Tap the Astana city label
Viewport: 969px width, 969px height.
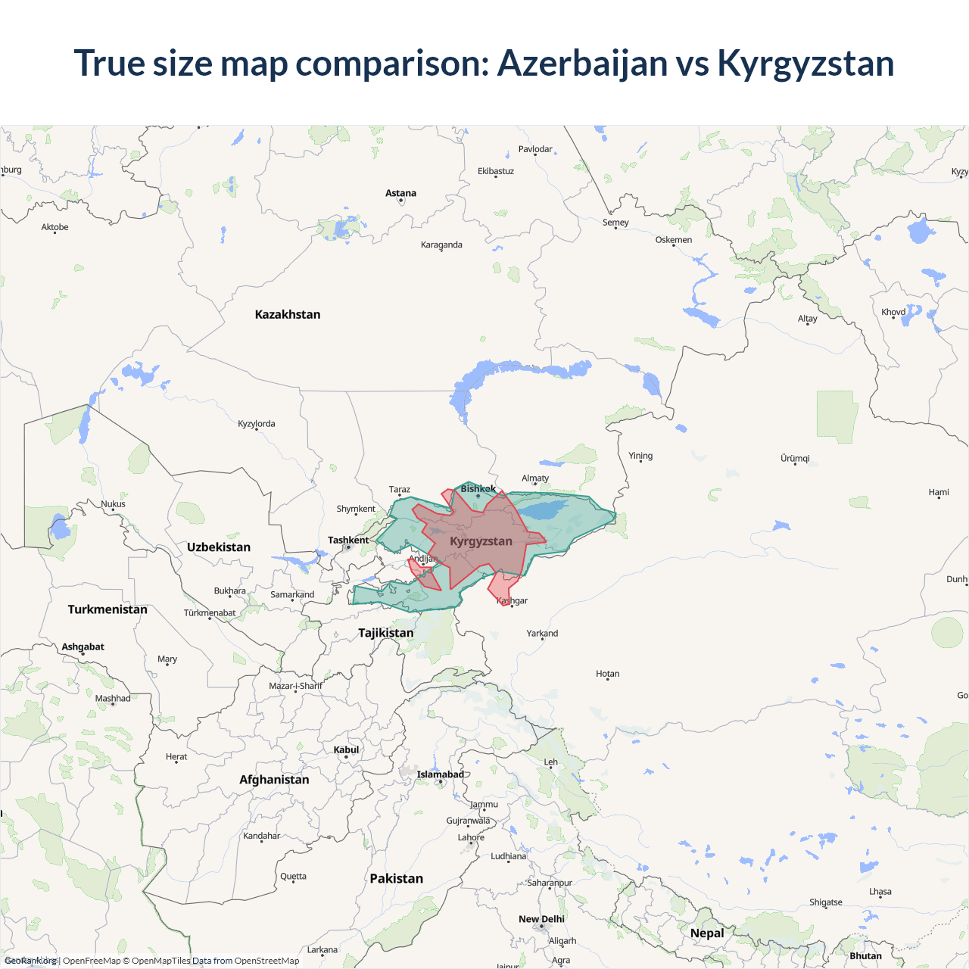point(400,193)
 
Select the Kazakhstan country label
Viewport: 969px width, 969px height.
point(288,314)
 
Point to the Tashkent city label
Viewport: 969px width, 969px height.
point(348,540)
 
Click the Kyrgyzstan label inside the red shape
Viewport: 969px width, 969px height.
point(481,541)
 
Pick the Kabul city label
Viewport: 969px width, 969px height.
point(346,749)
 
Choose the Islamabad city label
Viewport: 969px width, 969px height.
point(440,774)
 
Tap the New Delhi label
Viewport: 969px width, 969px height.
point(541,919)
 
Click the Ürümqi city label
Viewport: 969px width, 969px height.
point(795,458)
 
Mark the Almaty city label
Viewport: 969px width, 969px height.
point(535,478)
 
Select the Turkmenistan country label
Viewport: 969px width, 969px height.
point(107,609)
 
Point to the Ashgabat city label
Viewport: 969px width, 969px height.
point(83,647)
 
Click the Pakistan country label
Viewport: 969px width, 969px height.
point(396,878)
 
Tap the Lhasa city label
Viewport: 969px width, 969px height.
point(880,891)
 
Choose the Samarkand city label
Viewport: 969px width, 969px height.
point(292,594)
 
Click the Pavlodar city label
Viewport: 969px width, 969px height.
point(535,149)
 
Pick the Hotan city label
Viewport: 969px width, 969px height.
point(607,673)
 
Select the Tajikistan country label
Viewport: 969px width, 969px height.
point(386,633)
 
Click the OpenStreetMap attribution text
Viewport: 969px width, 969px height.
point(266,961)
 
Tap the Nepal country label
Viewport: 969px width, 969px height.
point(707,933)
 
